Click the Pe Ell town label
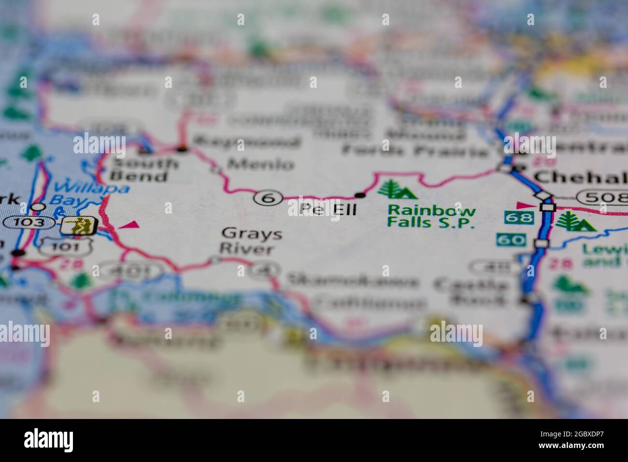(328, 209)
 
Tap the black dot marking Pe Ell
(360, 195)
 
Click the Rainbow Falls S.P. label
(431, 217)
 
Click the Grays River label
(251, 241)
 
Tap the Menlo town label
(260, 164)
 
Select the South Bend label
(144, 169)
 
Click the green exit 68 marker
(519, 218)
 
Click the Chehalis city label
(580, 177)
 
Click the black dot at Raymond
(182, 148)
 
